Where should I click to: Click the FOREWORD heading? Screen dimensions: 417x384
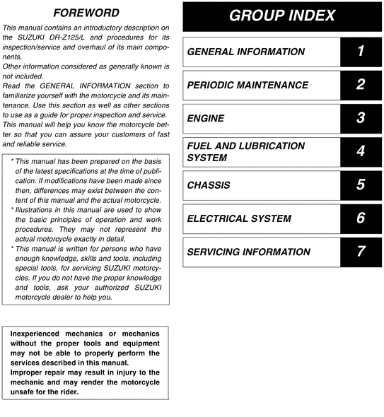(x=86, y=13)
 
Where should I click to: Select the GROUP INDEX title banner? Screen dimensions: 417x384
(x=283, y=16)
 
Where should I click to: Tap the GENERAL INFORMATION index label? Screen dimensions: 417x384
(x=246, y=52)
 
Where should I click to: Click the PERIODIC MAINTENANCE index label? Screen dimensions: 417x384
(x=248, y=85)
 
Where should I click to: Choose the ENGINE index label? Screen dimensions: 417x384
(x=205, y=118)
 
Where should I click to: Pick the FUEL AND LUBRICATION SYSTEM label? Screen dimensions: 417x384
(x=246, y=151)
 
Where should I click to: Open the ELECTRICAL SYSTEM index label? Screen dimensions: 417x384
(x=239, y=218)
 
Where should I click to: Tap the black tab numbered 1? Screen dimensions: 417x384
(x=361, y=52)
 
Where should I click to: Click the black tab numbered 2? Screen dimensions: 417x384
(x=361, y=85)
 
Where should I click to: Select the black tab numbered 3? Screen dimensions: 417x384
(x=361, y=118)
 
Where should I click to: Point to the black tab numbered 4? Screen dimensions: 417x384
(x=361, y=151)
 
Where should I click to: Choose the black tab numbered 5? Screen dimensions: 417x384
(x=361, y=185)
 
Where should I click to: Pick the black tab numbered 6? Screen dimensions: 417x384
(x=361, y=218)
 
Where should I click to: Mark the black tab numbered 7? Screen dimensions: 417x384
(x=361, y=252)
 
